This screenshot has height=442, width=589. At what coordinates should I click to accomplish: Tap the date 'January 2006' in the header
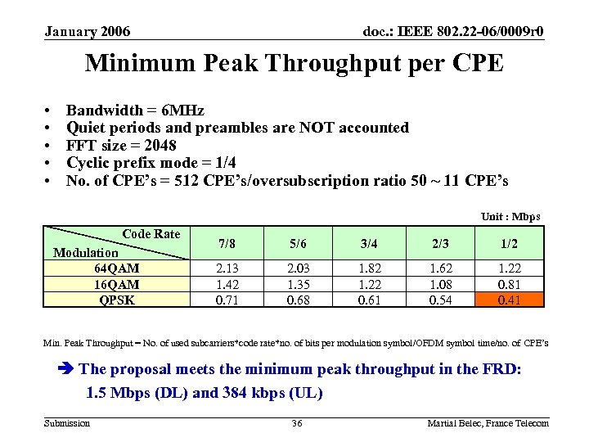[88, 32]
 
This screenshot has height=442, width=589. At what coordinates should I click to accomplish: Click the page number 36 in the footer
[297, 422]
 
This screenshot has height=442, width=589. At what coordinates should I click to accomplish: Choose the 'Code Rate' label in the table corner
[151, 234]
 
